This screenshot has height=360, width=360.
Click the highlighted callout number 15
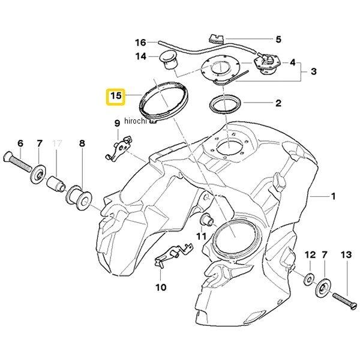[115, 96]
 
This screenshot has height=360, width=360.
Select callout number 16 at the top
[140, 43]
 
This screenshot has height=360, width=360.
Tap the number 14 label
[140, 57]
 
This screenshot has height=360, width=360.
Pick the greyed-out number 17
[58, 143]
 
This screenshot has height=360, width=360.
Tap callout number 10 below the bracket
[160, 287]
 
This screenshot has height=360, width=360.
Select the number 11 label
[201, 235]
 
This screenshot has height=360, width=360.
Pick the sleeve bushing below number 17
[57, 182]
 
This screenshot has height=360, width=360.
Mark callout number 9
[118, 124]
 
